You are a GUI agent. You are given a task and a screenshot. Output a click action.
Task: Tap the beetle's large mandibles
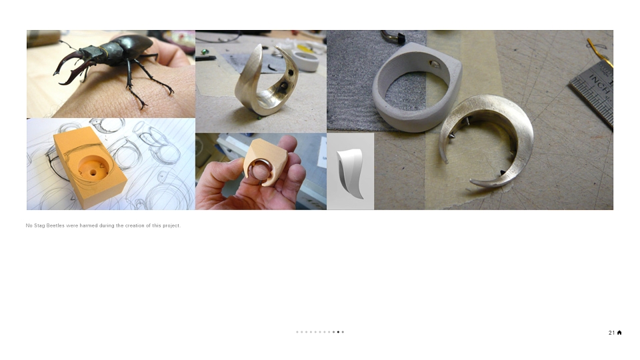[73, 67]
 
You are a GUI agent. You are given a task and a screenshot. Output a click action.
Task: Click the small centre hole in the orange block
[93, 172]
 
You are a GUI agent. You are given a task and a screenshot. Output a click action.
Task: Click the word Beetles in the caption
[55, 225]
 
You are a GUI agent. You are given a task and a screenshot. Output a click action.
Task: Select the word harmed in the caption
[89, 225]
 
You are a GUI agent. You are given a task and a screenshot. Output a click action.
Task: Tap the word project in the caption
[171, 226]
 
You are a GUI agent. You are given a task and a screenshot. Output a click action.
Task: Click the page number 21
[611, 333]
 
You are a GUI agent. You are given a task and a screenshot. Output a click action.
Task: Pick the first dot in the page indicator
[297, 332]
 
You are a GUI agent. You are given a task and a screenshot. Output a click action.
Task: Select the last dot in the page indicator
[343, 332]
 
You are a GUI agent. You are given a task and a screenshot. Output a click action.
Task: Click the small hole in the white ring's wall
[435, 64]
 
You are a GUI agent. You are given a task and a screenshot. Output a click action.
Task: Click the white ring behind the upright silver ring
[305, 61]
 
